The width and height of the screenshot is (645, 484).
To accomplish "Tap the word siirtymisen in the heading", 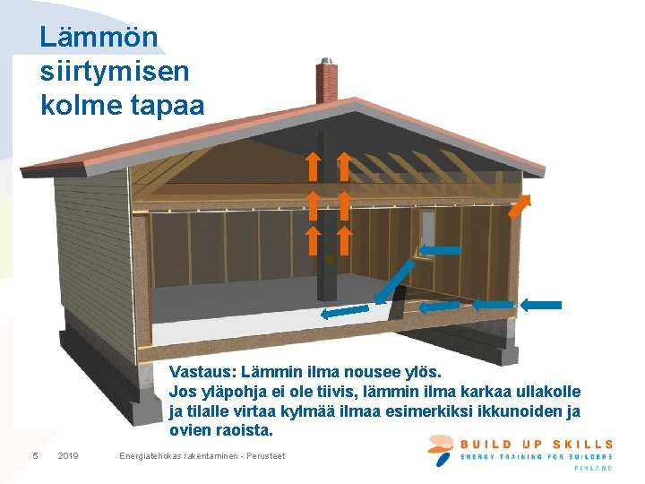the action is click(x=115, y=71).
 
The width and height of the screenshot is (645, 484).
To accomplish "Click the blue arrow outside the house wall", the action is click(x=540, y=305).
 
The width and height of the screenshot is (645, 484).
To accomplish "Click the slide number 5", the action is click(x=35, y=456).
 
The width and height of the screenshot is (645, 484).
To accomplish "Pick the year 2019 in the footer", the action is click(x=67, y=456).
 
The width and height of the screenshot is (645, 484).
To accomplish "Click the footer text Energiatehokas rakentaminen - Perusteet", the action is click(x=202, y=456).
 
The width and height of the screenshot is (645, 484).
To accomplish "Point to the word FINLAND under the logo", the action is click(x=594, y=468).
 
